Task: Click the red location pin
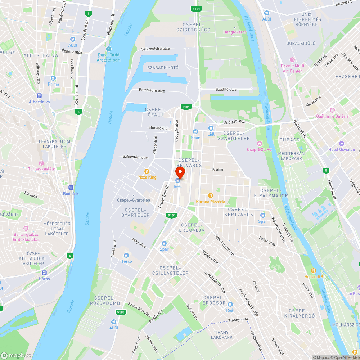pos(180,172)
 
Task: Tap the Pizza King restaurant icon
pos(147,171)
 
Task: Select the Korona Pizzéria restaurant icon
pos(211,195)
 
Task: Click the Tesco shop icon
pos(126,255)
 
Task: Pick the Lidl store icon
pos(211,128)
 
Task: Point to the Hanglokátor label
pos(234,32)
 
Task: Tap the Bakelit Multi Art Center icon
pos(292,60)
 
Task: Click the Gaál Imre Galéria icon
pos(332,110)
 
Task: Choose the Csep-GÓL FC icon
pos(259,144)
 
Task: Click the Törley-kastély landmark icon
pos(41,163)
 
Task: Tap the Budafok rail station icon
pos(71,188)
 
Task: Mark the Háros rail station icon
pos(44,273)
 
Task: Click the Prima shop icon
pos(53,78)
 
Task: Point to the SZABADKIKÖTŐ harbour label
pos(163,68)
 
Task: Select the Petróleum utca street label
pos(152,90)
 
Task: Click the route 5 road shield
pos(326,170)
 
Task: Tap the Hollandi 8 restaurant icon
pos(314,270)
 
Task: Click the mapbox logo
pos(16,355)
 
